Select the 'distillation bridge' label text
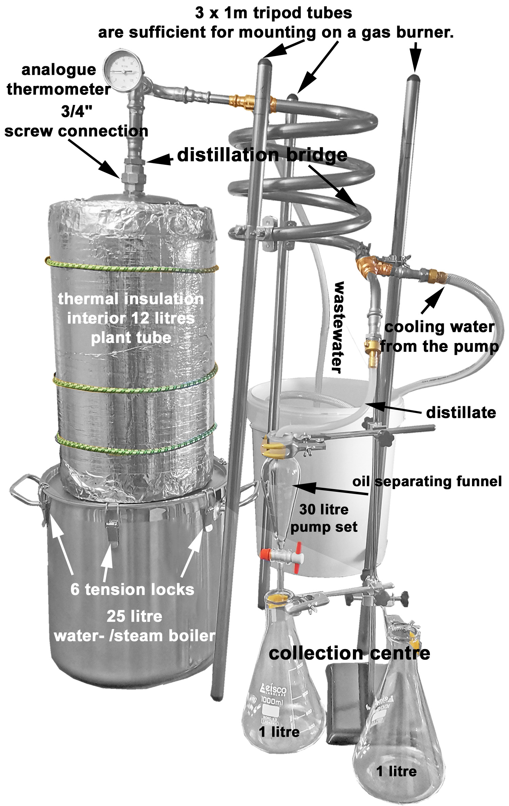tap(262, 155)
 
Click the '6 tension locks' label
tap(132, 589)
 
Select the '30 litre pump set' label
tap(324, 518)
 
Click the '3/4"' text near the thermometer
tap(77, 111)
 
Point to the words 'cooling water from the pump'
tap(439, 337)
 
